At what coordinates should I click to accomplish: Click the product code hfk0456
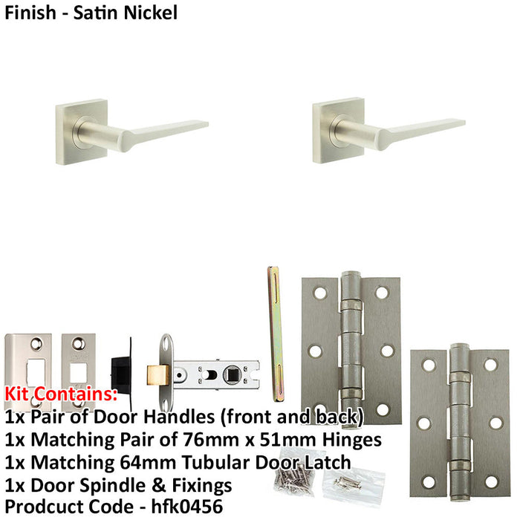tap(195, 507)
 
